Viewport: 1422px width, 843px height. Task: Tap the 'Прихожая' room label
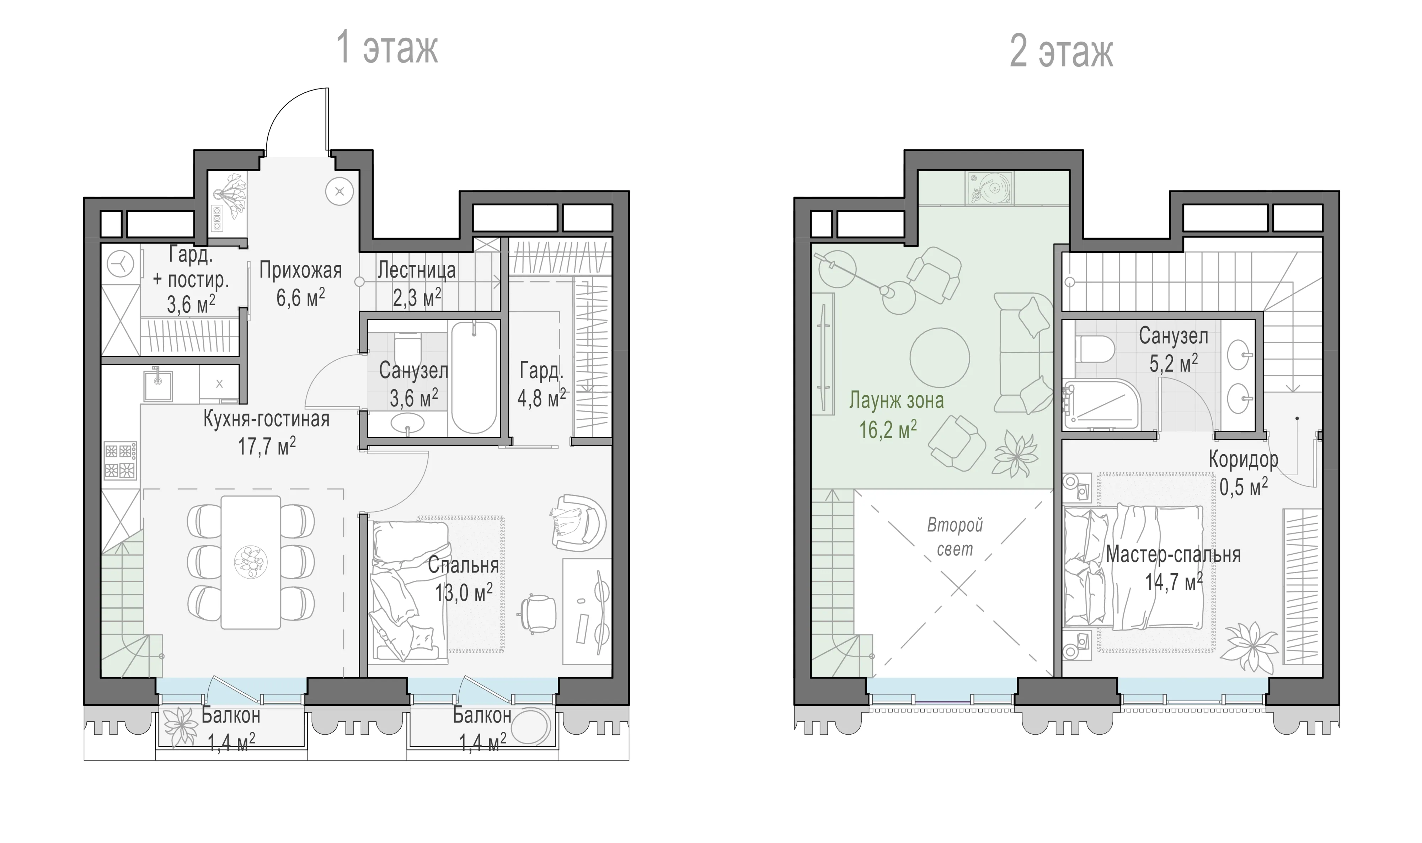(x=300, y=270)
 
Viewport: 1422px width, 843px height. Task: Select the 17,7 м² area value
(x=267, y=446)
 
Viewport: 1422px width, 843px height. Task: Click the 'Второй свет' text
(x=955, y=537)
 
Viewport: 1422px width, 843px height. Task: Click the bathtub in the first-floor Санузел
(x=474, y=378)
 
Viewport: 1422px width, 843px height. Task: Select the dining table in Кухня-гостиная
(x=251, y=562)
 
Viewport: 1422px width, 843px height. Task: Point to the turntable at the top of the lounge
(x=989, y=189)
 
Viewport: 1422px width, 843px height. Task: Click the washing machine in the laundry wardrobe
(x=121, y=264)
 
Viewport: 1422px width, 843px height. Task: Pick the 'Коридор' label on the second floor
(x=1243, y=459)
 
